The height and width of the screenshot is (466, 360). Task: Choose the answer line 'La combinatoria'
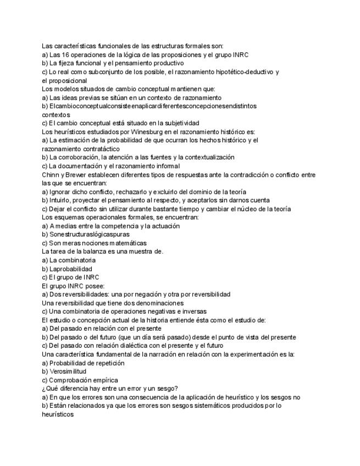point(69,260)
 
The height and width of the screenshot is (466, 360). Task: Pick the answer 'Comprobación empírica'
point(82,380)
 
